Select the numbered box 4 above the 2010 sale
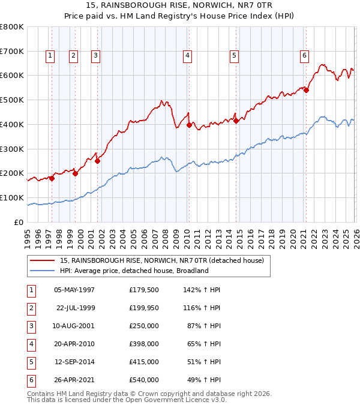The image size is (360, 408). click(x=188, y=56)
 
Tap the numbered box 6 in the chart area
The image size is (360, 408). click(x=304, y=56)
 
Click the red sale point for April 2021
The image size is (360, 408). click(x=306, y=91)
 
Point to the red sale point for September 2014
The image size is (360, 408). click(x=236, y=121)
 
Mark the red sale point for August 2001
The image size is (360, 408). click(x=97, y=161)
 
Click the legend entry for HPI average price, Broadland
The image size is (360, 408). click(x=133, y=271)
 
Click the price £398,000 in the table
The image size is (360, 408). click(x=144, y=344)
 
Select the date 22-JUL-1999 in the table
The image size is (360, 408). click(x=75, y=308)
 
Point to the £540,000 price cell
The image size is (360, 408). click(x=144, y=380)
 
